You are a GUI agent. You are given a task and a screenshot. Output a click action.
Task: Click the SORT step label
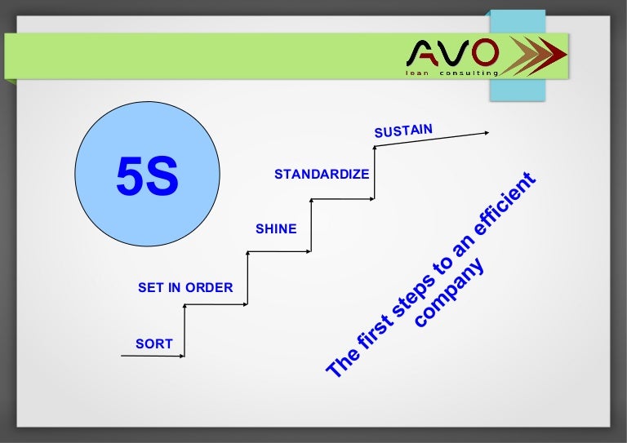point(154,343)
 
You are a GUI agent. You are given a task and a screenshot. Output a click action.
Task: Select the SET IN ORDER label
point(185,287)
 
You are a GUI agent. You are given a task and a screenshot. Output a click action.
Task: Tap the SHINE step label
point(276,229)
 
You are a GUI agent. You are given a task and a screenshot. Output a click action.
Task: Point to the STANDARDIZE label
point(322,174)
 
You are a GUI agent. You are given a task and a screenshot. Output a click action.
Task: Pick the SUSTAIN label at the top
point(402,129)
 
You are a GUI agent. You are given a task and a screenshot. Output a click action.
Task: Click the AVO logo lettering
point(452,55)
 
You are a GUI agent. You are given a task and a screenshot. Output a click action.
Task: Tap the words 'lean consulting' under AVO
point(451,73)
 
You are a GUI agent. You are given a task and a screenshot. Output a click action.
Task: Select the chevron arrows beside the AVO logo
point(534,58)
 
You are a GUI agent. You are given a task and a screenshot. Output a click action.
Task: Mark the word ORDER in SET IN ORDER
point(210,287)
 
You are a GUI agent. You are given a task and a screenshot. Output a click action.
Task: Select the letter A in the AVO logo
point(425,55)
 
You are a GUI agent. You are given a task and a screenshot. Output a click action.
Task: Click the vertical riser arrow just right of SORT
point(185,330)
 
